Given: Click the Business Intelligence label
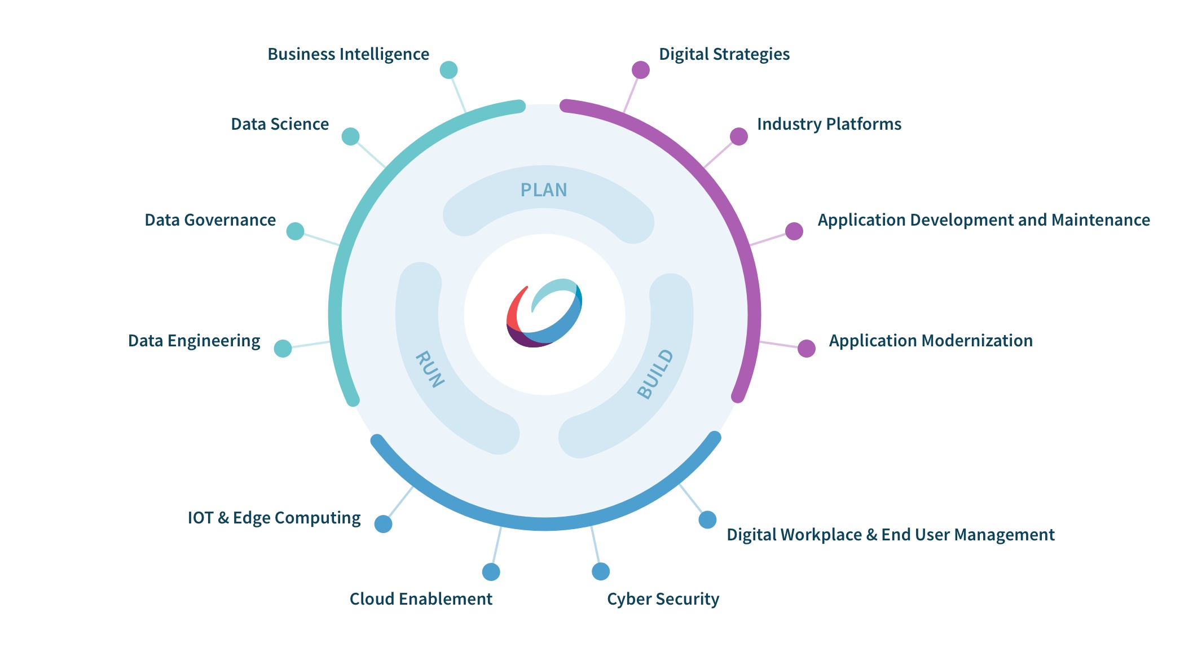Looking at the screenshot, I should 348,54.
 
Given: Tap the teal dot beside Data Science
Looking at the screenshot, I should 350,137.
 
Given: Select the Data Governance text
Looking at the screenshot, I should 210,220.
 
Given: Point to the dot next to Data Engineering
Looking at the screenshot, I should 283,349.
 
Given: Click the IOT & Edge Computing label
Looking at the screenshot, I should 274,518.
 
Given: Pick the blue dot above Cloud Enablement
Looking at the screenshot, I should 491,572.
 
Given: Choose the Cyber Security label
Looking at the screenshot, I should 663,599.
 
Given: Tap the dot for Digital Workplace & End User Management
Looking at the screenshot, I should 707,519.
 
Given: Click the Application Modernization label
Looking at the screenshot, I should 931,341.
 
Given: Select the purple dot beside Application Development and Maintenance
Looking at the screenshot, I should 794,231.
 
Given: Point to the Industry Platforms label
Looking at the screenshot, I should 829,124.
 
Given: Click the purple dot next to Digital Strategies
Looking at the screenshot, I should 641,70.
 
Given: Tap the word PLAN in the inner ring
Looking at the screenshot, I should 544,190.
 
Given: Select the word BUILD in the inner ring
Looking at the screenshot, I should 655,374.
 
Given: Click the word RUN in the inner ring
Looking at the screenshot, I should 430,369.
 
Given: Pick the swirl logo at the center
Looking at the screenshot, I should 544,313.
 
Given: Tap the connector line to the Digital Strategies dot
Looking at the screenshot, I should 632,91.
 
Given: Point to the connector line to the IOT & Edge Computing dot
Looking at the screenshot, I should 400,503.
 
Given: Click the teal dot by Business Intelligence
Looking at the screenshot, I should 448,70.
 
